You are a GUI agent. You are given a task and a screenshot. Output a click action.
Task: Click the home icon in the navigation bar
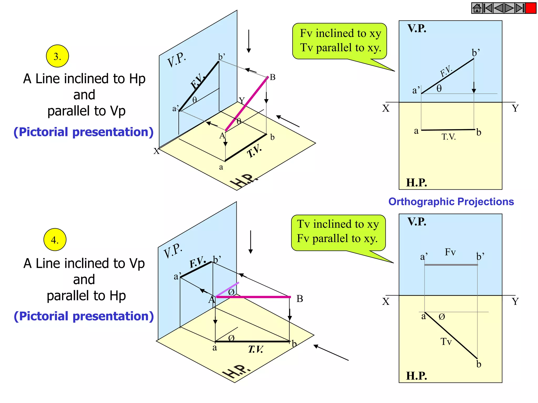pos(477,8)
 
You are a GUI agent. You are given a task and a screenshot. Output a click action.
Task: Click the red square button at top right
pos(531,8)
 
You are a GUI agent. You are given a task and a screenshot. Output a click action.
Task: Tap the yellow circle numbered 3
pos(57,56)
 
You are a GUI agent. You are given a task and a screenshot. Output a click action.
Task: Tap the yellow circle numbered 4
pos(55,240)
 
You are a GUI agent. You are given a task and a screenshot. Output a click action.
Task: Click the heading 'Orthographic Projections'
pos(451,201)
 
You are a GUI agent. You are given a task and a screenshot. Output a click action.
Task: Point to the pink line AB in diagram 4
pos(254,297)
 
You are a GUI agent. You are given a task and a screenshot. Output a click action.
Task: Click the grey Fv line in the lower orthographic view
pos(451,265)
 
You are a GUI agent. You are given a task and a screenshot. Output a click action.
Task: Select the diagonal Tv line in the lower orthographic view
pos(451,335)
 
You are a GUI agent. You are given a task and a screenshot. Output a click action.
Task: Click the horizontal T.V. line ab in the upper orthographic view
pos(448,130)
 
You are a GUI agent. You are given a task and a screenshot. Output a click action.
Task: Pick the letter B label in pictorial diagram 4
pos(300,299)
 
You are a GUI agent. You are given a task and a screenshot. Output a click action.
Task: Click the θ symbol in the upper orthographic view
pos(439,89)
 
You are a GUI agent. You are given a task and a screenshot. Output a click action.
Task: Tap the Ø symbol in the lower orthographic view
pos(442,317)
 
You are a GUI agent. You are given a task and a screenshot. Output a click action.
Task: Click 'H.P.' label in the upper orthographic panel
pos(416,183)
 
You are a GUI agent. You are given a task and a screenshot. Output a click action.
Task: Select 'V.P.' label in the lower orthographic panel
pos(417,222)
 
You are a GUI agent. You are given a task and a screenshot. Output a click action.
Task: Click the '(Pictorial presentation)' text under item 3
pos(84,132)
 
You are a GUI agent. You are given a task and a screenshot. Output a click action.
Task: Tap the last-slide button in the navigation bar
pos(520,8)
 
